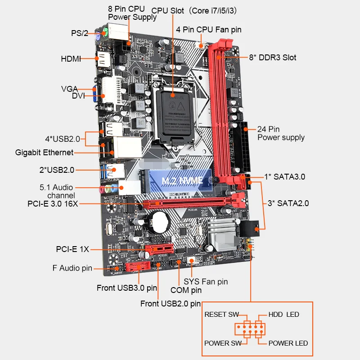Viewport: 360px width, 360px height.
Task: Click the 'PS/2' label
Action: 79,33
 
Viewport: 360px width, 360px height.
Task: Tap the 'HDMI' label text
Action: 71,59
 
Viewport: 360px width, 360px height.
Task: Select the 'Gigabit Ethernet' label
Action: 44,153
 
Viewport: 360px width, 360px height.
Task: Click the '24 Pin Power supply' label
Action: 281,133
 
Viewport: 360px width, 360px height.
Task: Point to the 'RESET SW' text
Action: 221,315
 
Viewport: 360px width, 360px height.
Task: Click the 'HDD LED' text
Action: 283,315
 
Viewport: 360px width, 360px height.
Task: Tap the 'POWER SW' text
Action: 223,343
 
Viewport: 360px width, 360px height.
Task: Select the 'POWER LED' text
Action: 288,343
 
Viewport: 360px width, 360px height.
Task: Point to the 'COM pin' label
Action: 186,291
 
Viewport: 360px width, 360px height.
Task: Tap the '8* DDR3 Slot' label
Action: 273,58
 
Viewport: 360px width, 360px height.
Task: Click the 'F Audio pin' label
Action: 72,268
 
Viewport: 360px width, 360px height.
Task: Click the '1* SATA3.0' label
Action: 284,177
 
